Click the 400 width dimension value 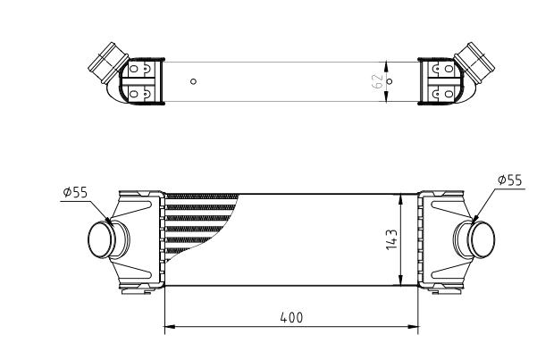coord(292,317)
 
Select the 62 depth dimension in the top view coord(378,80)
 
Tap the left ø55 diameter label coord(75,190)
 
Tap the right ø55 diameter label coord(509,180)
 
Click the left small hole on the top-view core coord(194,81)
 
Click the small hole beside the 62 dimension coord(389,81)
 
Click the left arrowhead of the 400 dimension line coord(170,327)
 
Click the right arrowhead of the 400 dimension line coord(415,327)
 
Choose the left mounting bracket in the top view coord(143,80)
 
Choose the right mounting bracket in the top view coord(441,80)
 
